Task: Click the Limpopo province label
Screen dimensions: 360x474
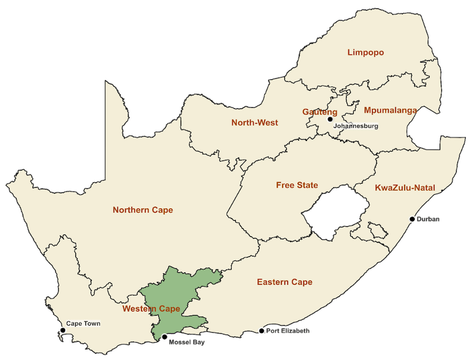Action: point(365,53)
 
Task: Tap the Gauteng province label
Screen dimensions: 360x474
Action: point(319,112)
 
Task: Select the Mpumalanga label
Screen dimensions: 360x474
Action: point(390,110)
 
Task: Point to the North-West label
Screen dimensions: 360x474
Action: point(254,123)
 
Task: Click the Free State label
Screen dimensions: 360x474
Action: point(297,185)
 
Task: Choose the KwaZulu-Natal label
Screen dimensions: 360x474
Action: point(405,188)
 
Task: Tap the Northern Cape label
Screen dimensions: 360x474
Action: point(143,210)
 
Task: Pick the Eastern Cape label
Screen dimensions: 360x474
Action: point(284,282)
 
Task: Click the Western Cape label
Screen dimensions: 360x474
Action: point(151,309)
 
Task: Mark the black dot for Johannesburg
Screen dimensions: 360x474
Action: point(331,119)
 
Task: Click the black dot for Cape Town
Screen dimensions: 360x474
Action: point(62,330)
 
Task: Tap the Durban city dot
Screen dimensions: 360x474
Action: point(412,219)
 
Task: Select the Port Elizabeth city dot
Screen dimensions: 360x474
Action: point(262,331)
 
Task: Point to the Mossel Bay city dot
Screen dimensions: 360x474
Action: point(164,337)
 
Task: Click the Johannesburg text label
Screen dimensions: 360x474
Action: point(355,126)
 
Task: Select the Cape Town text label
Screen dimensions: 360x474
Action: point(83,324)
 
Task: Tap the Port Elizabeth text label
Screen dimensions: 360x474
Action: point(288,331)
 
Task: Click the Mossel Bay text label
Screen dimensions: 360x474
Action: point(187,342)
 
